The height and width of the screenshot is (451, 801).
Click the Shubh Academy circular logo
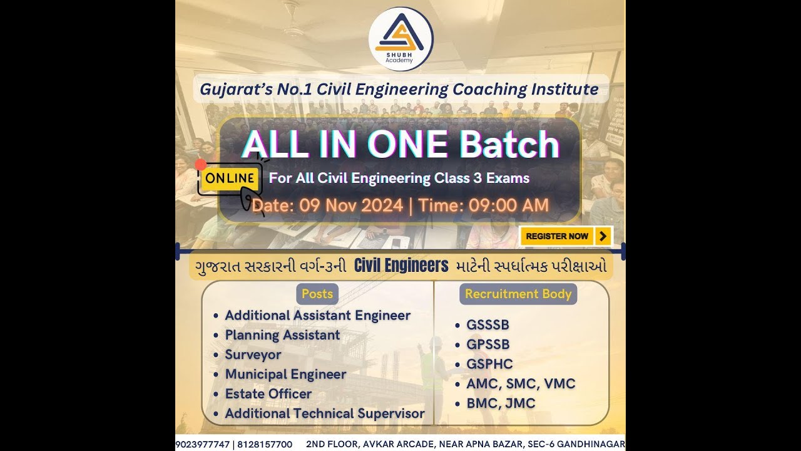point(400,38)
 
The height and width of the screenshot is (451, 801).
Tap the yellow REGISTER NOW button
point(566,236)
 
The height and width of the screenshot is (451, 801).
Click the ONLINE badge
point(230,178)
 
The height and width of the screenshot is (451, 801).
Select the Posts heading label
point(317,294)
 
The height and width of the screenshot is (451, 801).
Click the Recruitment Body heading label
point(518,294)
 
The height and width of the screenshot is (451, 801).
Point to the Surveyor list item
point(253,355)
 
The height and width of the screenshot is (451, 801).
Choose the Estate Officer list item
point(268,394)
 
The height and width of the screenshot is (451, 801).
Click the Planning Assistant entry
point(282,335)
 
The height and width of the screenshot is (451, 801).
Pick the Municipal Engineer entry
point(285,375)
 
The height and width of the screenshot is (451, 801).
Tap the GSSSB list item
point(487,325)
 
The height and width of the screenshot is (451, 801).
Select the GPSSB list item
point(487,345)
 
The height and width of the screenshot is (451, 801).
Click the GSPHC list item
point(489,364)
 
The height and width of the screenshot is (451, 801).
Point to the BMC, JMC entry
point(501,403)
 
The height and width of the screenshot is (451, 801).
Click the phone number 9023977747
point(202,444)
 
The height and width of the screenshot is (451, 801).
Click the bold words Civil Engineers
point(401,266)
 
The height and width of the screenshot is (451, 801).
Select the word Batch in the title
point(509,145)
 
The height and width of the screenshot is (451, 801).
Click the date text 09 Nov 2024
point(351,205)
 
